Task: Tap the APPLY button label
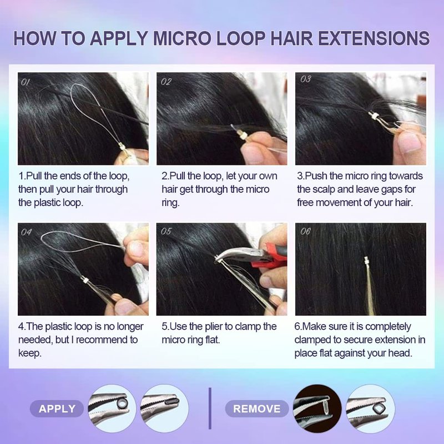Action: coord(57,408)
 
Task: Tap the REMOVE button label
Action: coord(256,408)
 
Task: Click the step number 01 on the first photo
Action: coord(25,82)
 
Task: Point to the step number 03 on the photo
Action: coord(306,79)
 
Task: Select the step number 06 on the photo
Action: coord(305,231)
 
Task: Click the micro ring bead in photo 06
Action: coord(367,260)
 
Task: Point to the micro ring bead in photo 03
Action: coord(374,116)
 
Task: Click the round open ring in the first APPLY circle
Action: coord(122,402)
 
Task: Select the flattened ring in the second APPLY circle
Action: coord(171,401)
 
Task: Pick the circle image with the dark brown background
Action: coord(317,408)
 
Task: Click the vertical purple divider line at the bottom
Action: coord(210,408)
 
